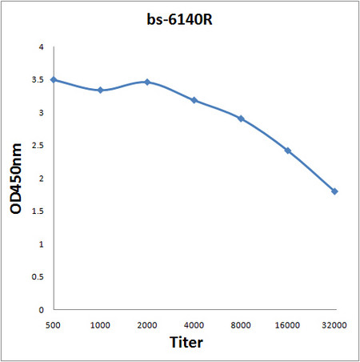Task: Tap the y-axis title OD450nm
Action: (16, 177)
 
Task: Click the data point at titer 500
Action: (53, 79)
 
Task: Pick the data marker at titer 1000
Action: (100, 90)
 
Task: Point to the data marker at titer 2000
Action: (147, 82)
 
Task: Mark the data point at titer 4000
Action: (194, 100)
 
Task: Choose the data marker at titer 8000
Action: (241, 119)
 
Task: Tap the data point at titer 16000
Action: (287, 151)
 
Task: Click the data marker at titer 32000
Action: (334, 191)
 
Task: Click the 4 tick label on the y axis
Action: (42, 47)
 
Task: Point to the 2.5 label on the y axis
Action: (38, 146)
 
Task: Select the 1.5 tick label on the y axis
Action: (38, 211)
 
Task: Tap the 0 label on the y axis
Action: (42, 309)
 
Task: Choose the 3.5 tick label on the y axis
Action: (38, 80)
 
